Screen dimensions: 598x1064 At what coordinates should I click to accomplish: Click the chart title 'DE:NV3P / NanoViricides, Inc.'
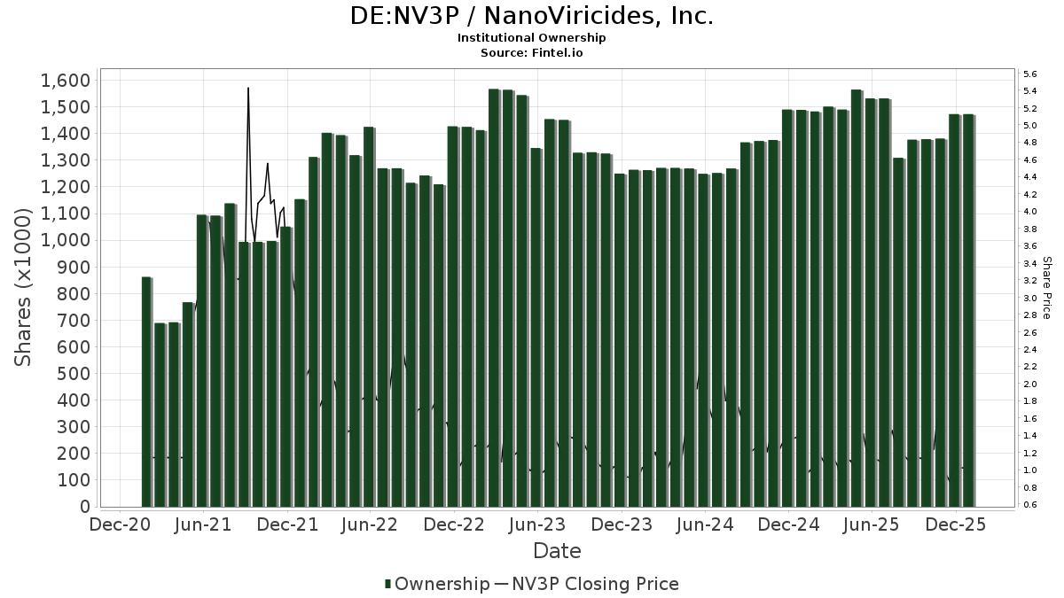tap(532, 16)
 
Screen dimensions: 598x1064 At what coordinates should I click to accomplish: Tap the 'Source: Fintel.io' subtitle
tap(532, 53)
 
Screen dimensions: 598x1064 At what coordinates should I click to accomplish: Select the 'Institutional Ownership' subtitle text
tap(532, 38)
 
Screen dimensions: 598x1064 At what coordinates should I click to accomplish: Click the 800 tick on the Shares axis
tap(73, 293)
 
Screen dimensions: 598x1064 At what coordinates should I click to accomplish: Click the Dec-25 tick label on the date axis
tap(954, 524)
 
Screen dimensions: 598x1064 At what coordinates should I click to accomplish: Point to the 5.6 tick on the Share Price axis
tap(1030, 74)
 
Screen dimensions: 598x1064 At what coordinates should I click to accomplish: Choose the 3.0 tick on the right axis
tap(1030, 299)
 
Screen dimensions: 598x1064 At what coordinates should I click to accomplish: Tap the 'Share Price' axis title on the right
tap(1046, 288)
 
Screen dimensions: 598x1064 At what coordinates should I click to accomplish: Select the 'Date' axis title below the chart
tap(557, 551)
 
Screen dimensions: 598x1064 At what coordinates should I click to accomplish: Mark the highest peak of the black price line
tap(248, 88)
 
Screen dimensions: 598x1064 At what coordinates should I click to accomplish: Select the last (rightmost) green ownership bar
tap(968, 310)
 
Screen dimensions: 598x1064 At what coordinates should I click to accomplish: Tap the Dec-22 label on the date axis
tap(454, 524)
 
